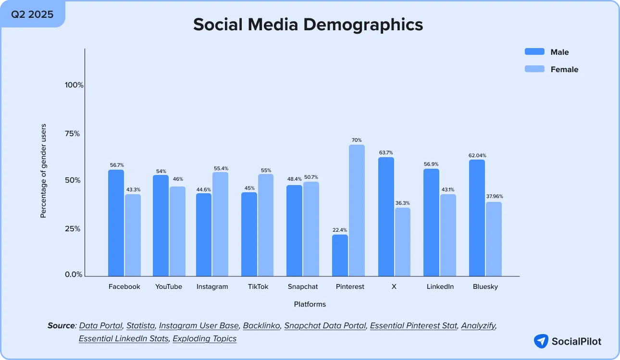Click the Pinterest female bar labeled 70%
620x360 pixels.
click(x=357, y=211)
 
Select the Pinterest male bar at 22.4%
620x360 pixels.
click(x=340, y=255)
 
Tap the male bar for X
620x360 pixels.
click(x=386, y=217)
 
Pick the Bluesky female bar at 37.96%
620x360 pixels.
click(x=494, y=239)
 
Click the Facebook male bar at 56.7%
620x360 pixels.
click(x=116, y=223)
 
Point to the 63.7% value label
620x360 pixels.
click(x=386, y=153)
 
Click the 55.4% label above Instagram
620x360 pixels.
click(x=221, y=168)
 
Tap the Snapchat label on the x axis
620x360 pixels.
click(x=303, y=286)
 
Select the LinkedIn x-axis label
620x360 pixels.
click(x=440, y=286)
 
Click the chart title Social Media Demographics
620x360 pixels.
click(x=308, y=25)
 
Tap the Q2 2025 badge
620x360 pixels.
click(x=32, y=13)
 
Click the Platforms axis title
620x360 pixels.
click(x=310, y=304)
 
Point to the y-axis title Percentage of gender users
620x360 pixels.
click(x=43, y=171)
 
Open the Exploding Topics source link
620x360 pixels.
click(x=205, y=338)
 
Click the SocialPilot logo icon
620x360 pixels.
click(x=541, y=341)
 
